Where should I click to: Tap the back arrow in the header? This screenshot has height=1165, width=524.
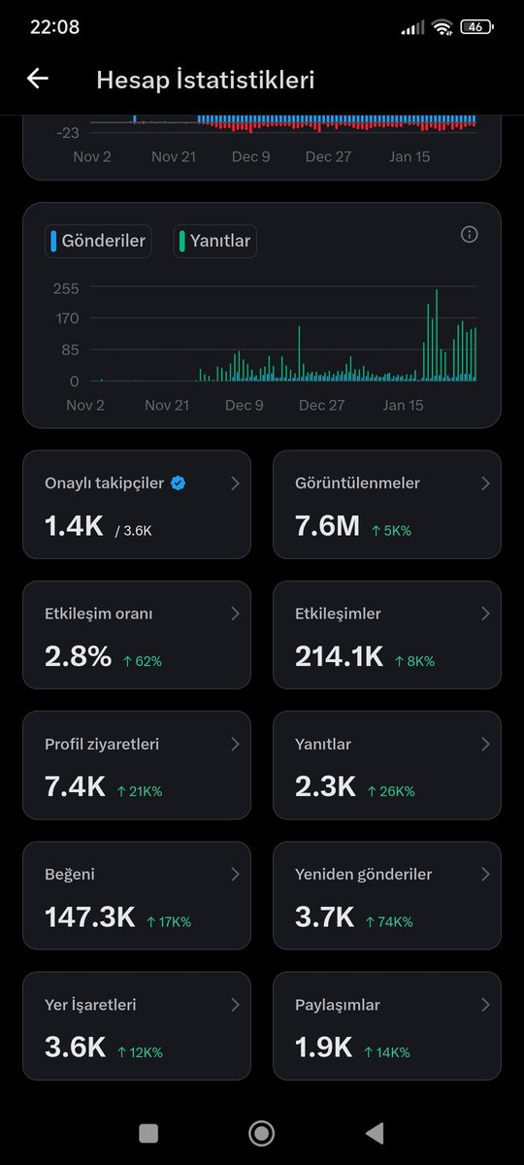(38, 79)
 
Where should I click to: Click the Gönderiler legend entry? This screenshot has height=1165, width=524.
(98, 241)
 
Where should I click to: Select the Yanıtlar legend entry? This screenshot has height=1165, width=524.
(215, 241)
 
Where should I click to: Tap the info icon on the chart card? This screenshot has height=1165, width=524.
(470, 234)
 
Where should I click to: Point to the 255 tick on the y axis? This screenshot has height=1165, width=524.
(67, 288)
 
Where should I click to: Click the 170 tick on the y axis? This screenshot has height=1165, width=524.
(67, 318)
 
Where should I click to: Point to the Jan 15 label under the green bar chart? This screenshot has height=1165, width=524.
(404, 405)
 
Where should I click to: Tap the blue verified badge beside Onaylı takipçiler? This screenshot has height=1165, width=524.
(178, 483)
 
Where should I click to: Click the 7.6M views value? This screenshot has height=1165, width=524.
(327, 526)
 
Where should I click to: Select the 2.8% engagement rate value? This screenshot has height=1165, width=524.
(78, 657)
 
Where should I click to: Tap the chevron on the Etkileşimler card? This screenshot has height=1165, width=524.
(485, 614)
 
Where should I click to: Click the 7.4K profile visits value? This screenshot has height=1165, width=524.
(75, 787)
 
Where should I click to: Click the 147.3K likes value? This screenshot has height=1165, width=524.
(89, 917)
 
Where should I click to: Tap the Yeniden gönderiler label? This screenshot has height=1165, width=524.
(363, 875)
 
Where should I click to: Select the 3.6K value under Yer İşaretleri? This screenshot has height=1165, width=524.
(75, 1048)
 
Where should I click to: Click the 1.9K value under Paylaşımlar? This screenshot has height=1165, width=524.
(323, 1048)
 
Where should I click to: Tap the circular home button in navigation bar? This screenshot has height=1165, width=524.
(261, 1133)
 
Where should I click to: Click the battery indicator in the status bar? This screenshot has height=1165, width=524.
(475, 27)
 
